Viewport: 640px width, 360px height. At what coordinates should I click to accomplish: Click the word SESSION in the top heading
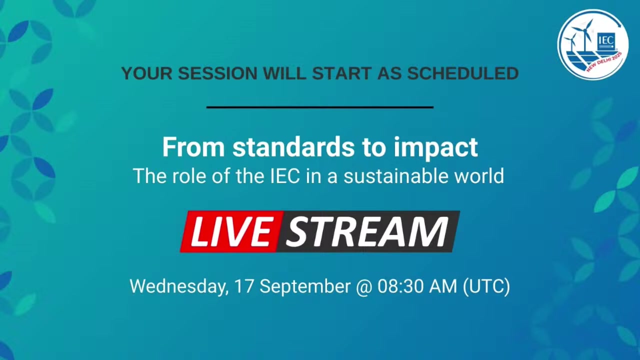click(x=217, y=73)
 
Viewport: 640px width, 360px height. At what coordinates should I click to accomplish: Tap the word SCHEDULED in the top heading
click(x=463, y=73)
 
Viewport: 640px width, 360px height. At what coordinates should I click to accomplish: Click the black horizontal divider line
click(x=320, y=107)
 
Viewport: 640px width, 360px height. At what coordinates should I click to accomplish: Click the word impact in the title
click(x=435, y=148)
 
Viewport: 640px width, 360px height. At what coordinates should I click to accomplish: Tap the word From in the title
click(x=193, y=147)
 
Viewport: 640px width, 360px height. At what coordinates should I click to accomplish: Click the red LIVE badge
click(x=231, y=231)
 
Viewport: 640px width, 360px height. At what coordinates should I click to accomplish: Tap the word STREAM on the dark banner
click(x=367, y=231)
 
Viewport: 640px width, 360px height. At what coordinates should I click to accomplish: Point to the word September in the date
click(x=305, y=287)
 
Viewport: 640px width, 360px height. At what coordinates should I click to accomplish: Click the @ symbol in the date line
click(x=364, y=287)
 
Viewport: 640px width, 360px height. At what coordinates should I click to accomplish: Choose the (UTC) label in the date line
click(x=486, y=287)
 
